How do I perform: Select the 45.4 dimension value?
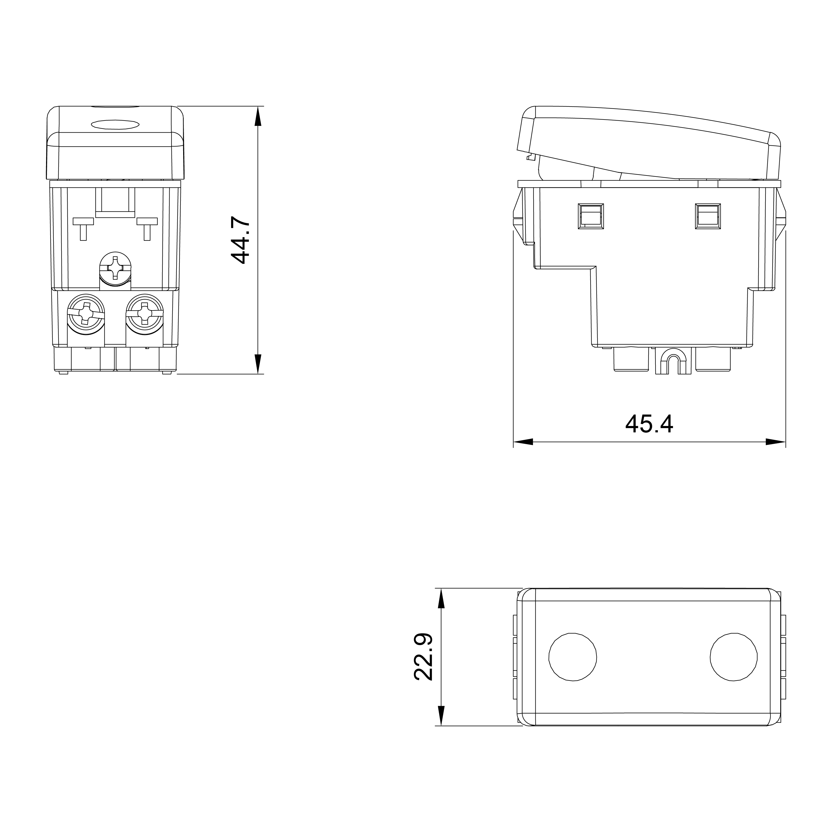649,424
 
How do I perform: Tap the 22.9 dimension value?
423,657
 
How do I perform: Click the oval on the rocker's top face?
115,124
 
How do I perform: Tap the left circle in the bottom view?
573,657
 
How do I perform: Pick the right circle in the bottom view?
734,657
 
